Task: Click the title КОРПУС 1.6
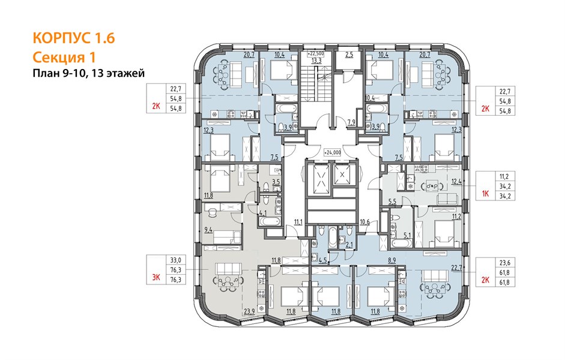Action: tap(74, 38)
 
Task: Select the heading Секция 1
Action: tap(64, 57)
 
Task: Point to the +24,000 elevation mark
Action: tap(332, 152)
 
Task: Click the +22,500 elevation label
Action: tap(316, 53)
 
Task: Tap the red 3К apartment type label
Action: tap(156, 277)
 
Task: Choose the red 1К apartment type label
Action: tap(485, 194)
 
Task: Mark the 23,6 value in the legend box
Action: tap(505, 262)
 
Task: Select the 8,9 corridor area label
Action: tap(391, 259)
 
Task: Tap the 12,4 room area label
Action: tap(456, 181)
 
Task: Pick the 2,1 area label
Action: tap(349, 245)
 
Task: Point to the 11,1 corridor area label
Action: tap(298, 222)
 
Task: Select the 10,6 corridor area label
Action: tap(364, 222)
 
